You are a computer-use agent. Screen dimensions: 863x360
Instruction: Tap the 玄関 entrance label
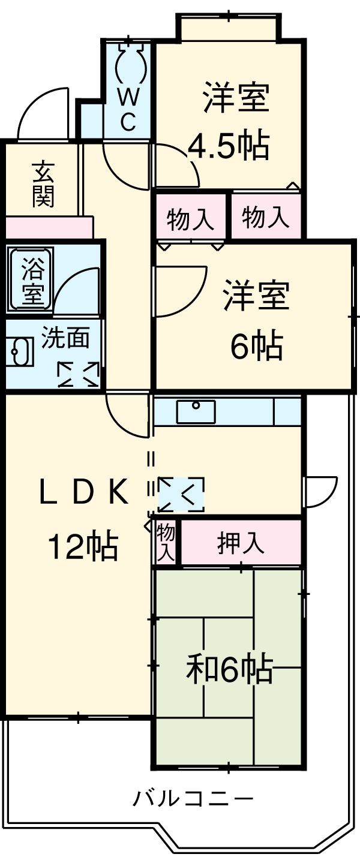coord(43,184)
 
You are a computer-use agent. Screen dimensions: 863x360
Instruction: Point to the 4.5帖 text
coord(229,146)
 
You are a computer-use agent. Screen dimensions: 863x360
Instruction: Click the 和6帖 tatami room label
coord(229,669)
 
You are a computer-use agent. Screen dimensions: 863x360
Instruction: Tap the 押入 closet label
coord(241,543)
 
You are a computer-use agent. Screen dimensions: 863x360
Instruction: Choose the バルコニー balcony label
coord(193,799)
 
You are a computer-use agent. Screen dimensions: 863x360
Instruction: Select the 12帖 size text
coord(83,546)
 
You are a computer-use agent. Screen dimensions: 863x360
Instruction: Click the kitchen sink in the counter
coord(196,411)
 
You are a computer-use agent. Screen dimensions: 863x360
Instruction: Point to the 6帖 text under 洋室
coord(257,346)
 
